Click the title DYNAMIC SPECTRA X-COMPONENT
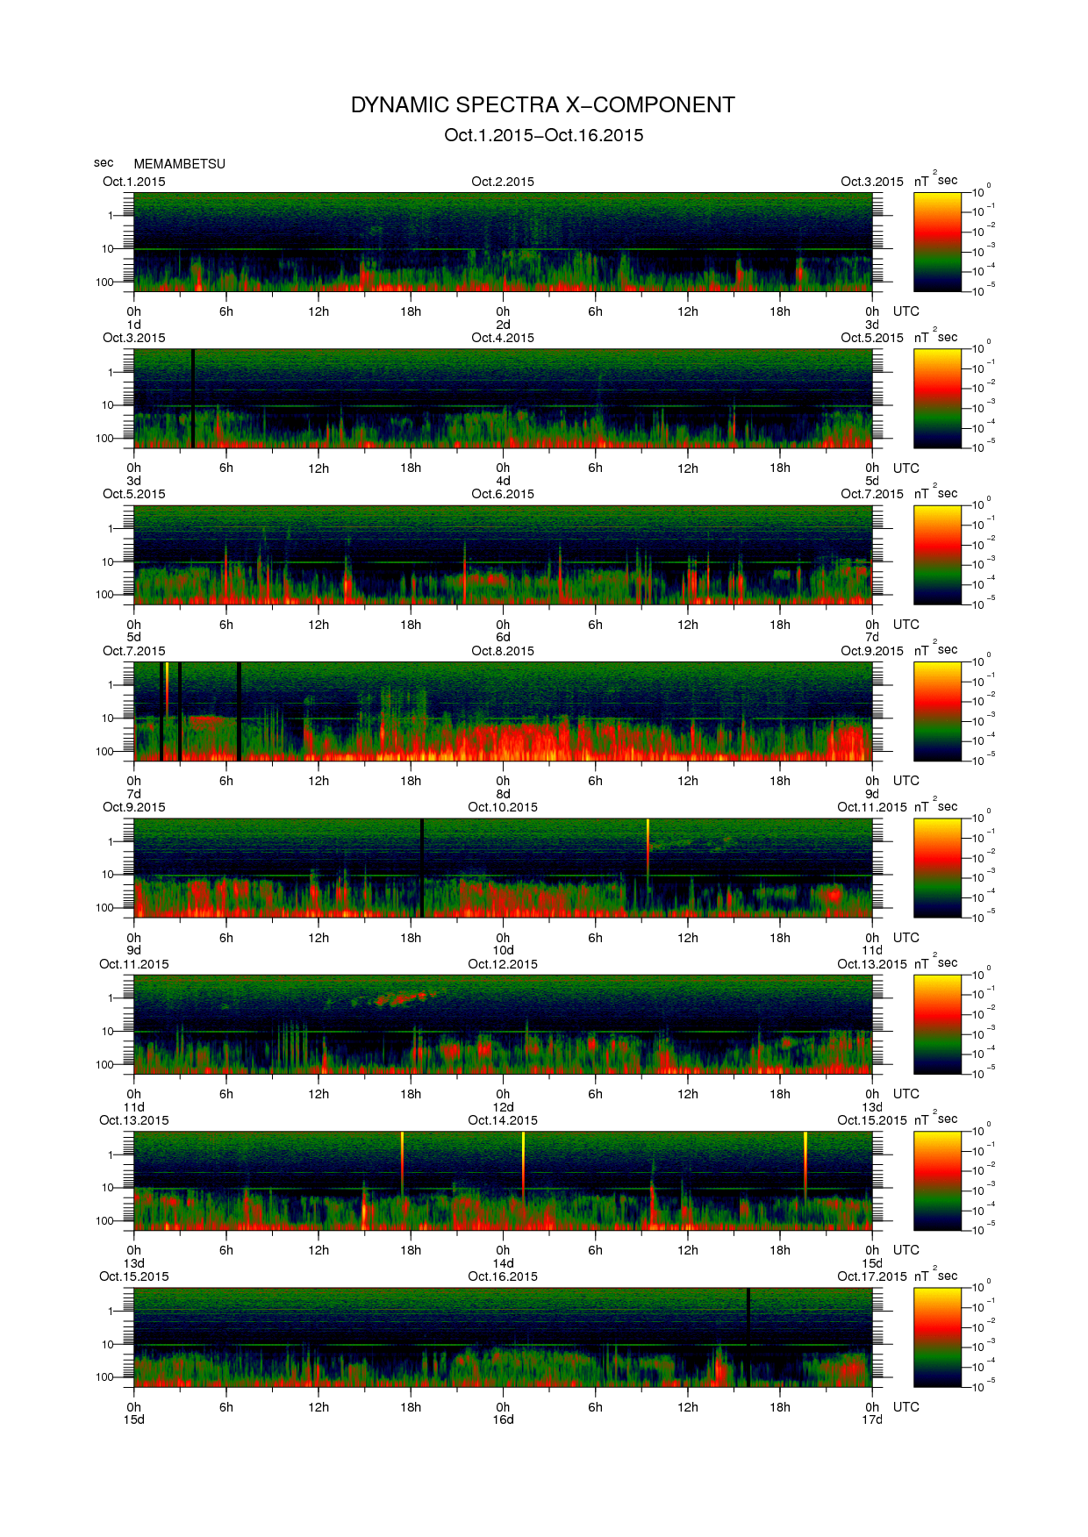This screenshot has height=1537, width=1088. (x=542, y=105)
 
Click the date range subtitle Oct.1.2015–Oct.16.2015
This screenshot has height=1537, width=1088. (x=543, y=135)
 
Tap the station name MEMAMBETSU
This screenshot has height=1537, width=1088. (x=179, y=164)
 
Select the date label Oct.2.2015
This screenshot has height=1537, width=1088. (x=503, y=182)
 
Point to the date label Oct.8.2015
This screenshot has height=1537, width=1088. (x=503, y=651)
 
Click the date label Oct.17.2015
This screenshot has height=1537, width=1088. (x=871, y=1276)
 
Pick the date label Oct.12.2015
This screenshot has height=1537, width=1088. (x=503, y=964)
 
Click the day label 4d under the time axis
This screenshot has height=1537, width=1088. (x=503, y=481)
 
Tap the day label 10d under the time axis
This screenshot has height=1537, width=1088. (x=503, y=950)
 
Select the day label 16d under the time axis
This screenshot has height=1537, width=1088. (x=503, y=1419)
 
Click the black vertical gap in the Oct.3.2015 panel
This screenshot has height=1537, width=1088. (x=193, y=398)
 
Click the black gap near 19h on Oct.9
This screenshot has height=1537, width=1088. (x=422, y=868)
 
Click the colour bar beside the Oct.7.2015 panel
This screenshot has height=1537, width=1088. (x=937, y=711)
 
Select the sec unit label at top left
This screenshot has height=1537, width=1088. (x=104, y=162)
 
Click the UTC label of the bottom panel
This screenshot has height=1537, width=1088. (x=905, y=1406)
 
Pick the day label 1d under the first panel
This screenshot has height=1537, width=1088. (x=133, y=325)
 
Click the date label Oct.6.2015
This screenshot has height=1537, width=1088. (x=503, y=494)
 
